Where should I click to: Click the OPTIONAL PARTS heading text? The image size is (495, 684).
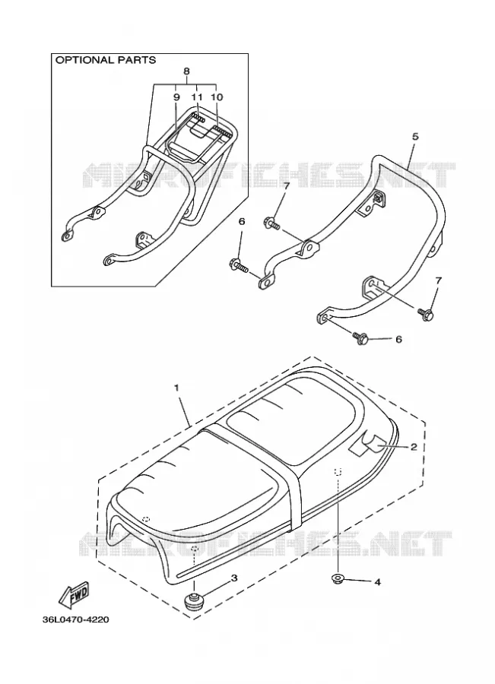105,60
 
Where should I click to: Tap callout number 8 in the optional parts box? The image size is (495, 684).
186,71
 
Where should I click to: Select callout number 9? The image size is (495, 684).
176,97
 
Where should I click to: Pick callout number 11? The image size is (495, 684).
197,97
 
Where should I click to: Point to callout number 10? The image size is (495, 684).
217,97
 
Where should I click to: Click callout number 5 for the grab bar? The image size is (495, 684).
414,137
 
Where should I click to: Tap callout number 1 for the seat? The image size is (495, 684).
176,388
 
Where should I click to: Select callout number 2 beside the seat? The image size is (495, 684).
414,446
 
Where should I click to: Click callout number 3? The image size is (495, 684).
234,578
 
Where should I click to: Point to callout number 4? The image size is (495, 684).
377,582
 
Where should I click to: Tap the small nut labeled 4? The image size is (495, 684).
338,580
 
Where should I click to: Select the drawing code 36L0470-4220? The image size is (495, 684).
75,620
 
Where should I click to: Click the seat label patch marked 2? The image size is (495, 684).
366,445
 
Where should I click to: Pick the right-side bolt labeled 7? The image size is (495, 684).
425,313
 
